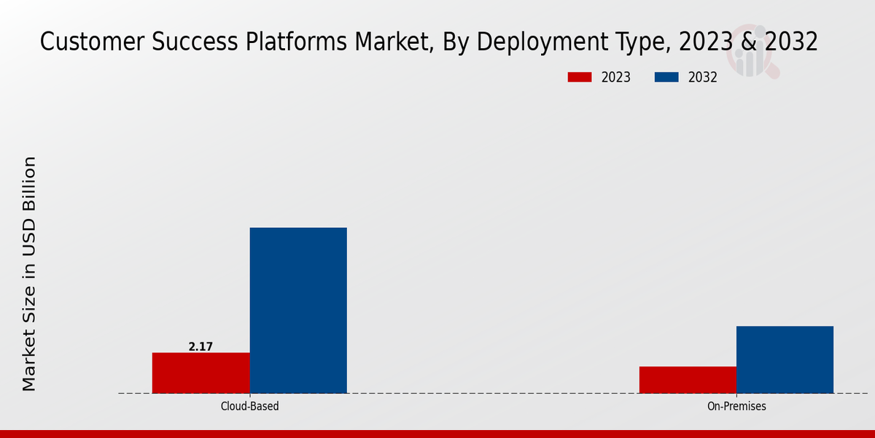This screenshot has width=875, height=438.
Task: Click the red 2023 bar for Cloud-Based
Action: [x=201, y=373]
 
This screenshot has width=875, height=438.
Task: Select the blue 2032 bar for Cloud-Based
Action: [x=298, y=310]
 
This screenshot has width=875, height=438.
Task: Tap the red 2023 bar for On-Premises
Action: [x=688, y=380]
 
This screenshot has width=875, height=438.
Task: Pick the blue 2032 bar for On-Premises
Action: [x=785, y=359]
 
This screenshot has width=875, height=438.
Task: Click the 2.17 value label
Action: [x=201, y=347]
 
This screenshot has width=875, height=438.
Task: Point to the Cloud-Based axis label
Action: [x=249, y=406]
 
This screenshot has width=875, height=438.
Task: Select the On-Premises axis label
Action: [x=736, y=406]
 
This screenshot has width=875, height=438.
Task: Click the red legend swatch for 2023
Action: [x=580, y=77]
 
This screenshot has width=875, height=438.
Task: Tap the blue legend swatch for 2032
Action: [x=666, y=77]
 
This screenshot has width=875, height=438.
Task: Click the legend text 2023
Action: [x=615, y=77]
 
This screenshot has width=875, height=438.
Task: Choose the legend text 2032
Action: [x=702, y=77]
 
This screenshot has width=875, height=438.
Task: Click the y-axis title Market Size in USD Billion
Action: [x=29, y=274]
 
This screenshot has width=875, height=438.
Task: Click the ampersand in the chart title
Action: [x=749, y=42]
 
